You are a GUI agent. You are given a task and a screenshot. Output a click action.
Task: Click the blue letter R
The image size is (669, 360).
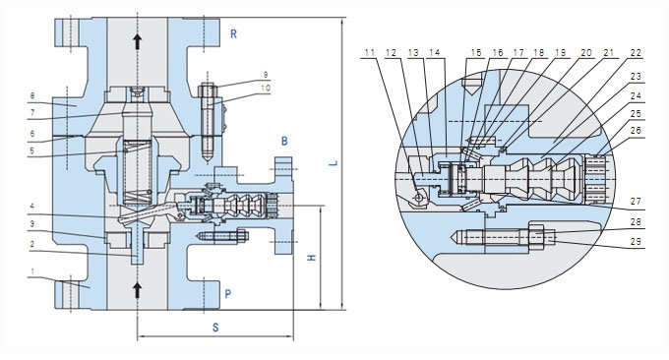tap(233, 34)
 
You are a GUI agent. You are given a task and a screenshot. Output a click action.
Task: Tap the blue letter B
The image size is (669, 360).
tap(284, 141)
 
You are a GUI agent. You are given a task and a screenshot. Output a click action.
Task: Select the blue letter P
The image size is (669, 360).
tap(228, 294)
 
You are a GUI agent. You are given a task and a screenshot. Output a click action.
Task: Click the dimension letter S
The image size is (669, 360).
tap(215, 328)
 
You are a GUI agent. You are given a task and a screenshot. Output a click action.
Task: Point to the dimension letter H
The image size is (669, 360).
tap(312, 258)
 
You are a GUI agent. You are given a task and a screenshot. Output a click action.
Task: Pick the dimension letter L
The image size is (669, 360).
tap(335, 163)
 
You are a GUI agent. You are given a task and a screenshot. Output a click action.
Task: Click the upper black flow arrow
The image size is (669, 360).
tap(138, 41)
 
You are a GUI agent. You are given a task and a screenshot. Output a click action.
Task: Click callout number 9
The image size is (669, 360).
tap(266, 75)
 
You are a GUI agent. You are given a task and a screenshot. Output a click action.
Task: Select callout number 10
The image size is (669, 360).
tap(266, 88)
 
